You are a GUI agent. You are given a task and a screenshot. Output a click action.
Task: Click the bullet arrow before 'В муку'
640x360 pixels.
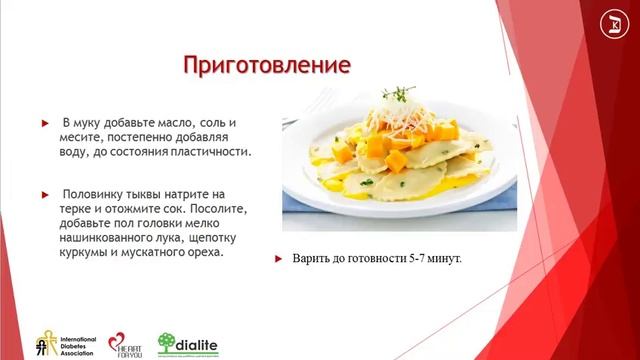click(45, 122)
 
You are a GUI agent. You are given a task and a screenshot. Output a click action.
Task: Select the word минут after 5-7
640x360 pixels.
click(447, 260)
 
